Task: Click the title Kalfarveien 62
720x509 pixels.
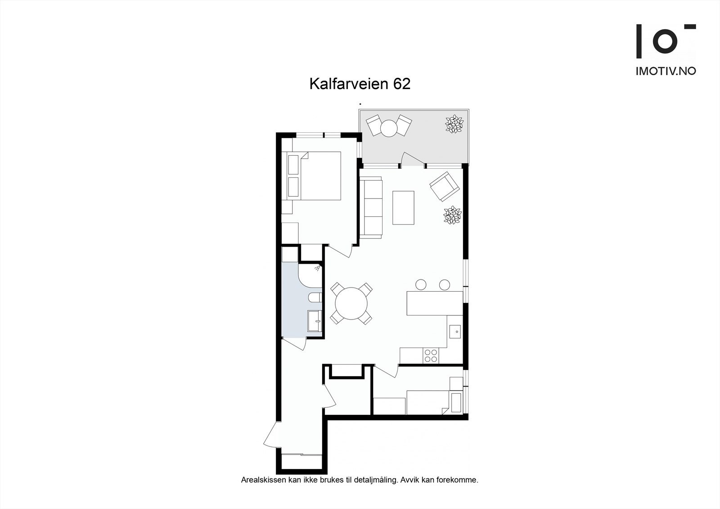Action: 360,84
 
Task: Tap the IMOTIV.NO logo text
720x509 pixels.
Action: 666,71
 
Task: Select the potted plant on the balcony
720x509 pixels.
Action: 454,124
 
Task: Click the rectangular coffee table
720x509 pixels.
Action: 403,207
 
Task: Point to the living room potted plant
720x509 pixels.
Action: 452,215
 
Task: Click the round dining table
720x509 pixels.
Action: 351,304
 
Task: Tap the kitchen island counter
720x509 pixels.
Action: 434,303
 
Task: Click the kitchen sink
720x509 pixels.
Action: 456,332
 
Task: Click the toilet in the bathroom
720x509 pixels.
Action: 315,297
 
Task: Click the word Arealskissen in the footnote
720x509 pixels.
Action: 261,480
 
